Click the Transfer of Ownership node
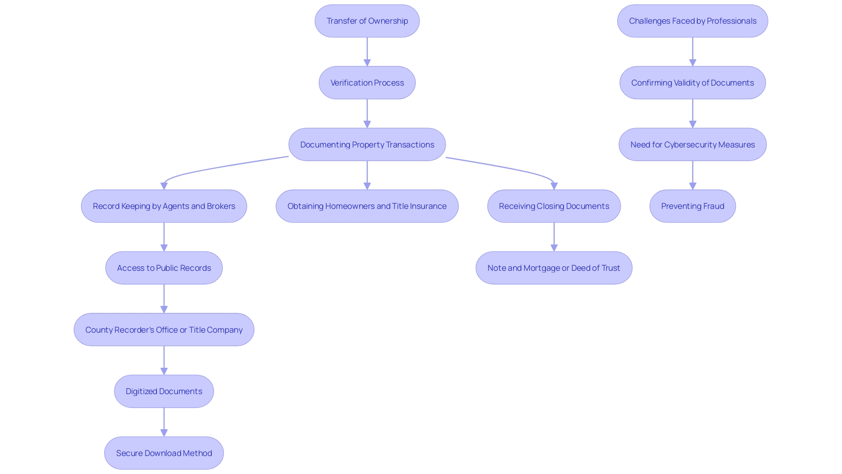(367, 21)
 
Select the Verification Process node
(367, 83)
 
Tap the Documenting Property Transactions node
(367, 145)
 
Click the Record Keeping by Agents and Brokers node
(164, 206)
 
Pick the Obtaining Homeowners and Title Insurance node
(367, 206)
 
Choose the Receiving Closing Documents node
(554, 206)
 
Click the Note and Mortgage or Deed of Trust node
(554, 268)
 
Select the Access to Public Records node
(164, 268)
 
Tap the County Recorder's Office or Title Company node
(164, 330)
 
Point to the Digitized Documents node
(164, 391)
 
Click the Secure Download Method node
(164, 453)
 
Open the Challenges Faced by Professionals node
(692, 21)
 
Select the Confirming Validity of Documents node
(692, 83)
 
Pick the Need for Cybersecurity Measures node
(692, 145)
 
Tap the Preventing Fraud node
(692, 206)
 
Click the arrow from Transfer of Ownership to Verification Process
(367, 52)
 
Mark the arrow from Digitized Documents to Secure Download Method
(164, 422)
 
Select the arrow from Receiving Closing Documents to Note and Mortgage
(554, 237)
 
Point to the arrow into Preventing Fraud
(692, 176)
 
